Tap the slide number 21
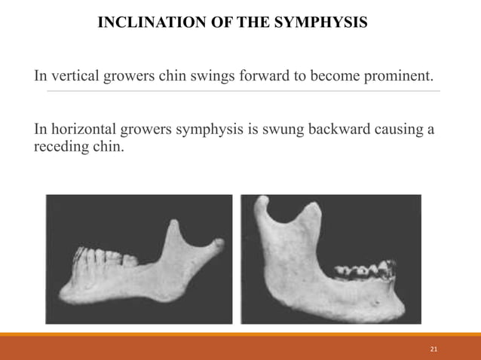coord(433,349)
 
